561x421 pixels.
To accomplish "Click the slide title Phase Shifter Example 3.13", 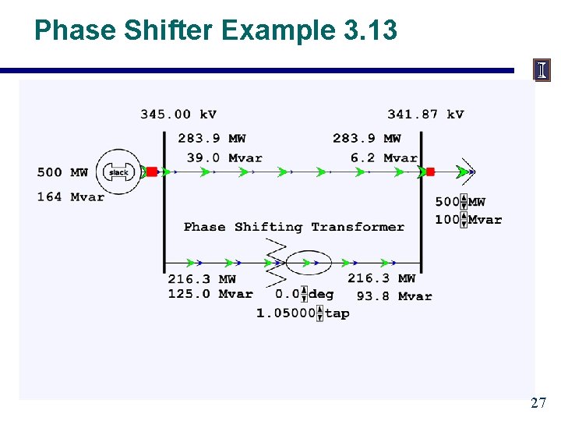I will (x=216, y=30).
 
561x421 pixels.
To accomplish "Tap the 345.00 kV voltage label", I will (x=178, y=114).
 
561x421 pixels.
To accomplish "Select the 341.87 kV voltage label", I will (x=425, y=114).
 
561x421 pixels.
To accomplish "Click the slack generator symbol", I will (x=118, y=172).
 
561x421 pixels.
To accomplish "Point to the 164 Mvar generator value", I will (x=70, y=196).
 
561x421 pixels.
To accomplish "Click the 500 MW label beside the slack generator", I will (x=62, y=172).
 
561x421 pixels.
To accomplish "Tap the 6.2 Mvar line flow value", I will (x=384, y=157).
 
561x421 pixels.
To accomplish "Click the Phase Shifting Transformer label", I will (x=294, y=227).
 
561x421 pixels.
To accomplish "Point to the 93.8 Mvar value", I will (x=394, y=296).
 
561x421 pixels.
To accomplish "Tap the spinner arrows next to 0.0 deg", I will (x=304, y=295).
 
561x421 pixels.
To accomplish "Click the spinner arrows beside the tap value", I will (x=319, y=313).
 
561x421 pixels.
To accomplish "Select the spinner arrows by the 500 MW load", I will (x=464, y=202).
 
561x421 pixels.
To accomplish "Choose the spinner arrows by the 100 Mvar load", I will (x=464, y=220).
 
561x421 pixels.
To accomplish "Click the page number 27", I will (x=538, y=403).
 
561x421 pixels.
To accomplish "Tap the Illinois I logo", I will (x=542, y=70).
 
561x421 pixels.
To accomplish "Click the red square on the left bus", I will (x=153, y=172).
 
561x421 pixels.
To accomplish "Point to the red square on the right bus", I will (x=430, y=172).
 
